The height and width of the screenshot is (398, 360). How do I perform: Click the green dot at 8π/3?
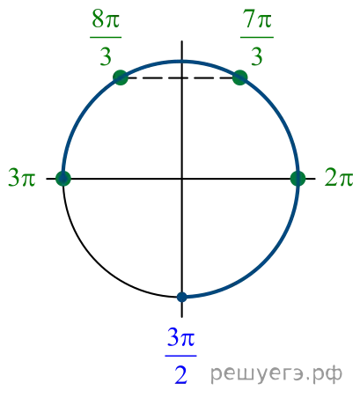121,77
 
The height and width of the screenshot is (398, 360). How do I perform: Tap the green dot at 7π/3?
240,77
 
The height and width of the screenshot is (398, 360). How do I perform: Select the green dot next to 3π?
63,179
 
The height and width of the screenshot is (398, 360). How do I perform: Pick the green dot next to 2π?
298,179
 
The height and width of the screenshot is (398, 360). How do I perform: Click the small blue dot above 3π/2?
182,297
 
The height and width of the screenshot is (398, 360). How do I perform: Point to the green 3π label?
22,178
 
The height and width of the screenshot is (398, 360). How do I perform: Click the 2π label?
339,178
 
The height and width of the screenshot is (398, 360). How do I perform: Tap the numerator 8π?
106,19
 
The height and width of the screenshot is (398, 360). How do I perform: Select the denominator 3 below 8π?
106,55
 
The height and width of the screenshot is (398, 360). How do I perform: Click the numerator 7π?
257,19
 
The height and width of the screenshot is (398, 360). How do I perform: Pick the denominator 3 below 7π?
257,55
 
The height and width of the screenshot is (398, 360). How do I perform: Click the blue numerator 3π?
180,337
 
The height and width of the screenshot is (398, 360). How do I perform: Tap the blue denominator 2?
180,374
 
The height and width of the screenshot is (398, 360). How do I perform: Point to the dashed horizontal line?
180,78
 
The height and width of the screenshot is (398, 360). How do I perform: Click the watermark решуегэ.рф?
276,373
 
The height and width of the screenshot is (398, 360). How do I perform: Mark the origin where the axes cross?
182,179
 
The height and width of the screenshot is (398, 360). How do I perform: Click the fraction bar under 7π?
257,37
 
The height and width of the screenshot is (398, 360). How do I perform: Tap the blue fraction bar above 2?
180,356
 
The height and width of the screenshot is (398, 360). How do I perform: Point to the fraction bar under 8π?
106,37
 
